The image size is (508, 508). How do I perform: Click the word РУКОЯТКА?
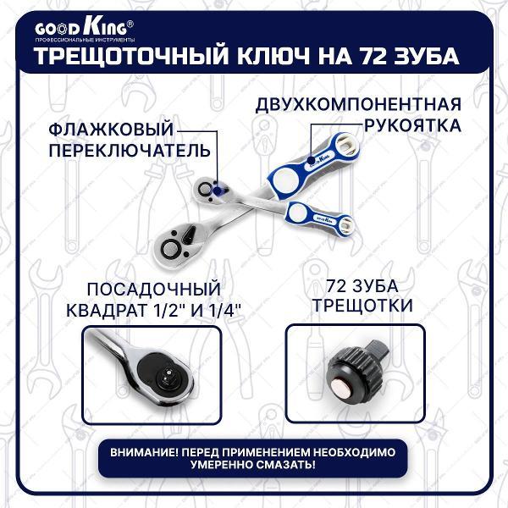coord(410,125)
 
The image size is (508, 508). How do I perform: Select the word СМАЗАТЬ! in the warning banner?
coord(288,466)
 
